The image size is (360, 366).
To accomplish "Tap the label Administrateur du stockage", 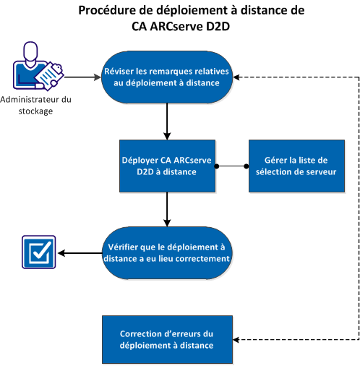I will click(35, 106).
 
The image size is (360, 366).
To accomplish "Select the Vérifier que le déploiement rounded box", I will click(168, 253).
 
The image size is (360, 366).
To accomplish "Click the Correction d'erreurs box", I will click(168, 340).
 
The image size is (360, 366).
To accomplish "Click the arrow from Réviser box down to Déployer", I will click(168, 120).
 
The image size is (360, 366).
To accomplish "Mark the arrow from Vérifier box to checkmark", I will click(80, 253).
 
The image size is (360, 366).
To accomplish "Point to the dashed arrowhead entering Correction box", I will click(239, 340).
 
